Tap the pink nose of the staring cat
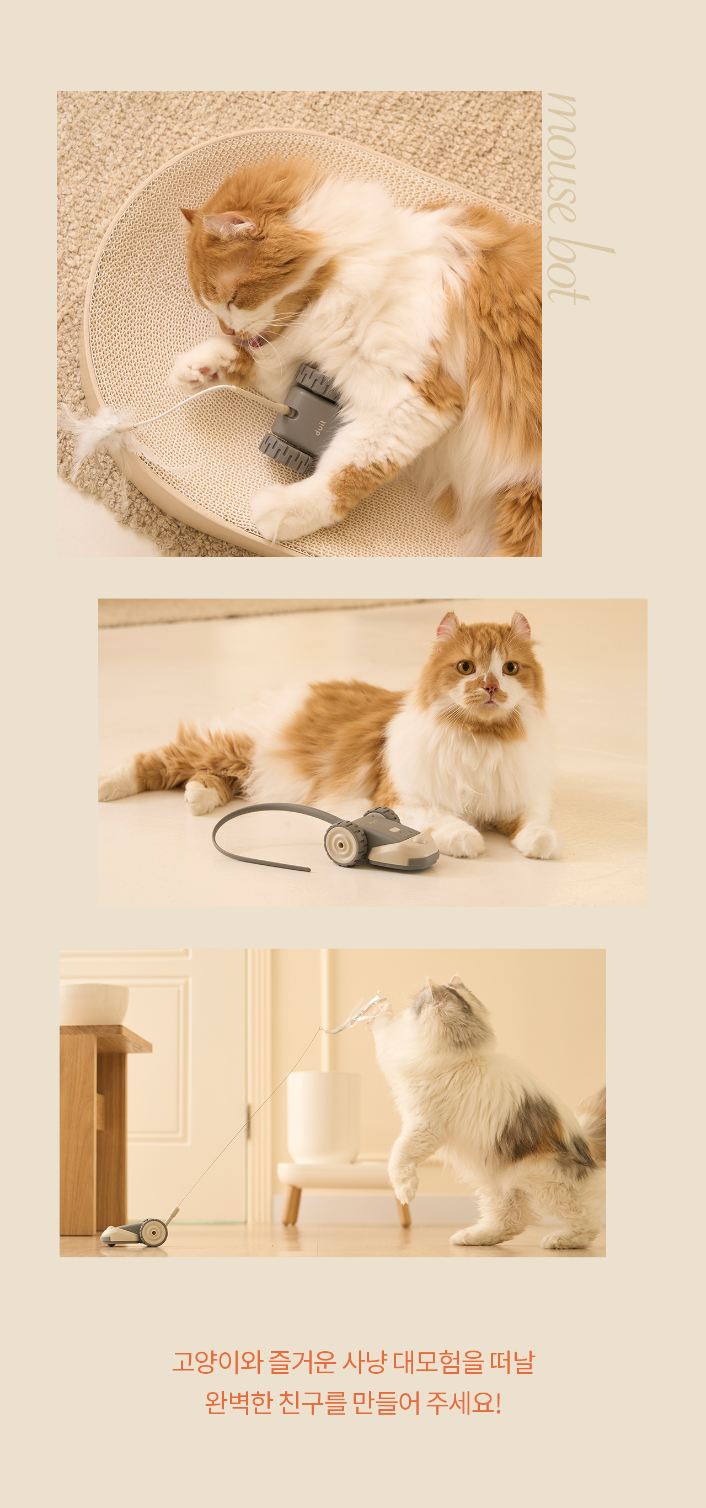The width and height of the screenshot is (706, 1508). pyautogui.click(x=490, y=687)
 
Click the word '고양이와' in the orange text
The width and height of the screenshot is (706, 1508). pyautogui.click(x=216, y=1363)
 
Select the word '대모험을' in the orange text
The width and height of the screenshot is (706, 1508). pyautogui.click(x=438, y=1363)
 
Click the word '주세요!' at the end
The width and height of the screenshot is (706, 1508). pyautogui.click(x=463, y=1403)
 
